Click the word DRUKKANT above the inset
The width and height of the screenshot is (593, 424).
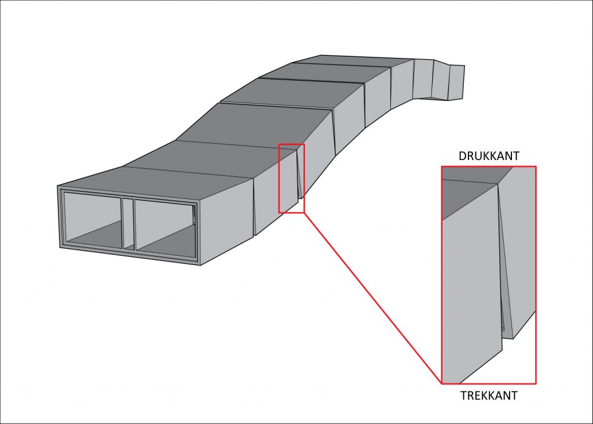489,155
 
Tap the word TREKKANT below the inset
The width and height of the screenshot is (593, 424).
489,396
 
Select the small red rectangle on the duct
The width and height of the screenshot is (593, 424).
292,179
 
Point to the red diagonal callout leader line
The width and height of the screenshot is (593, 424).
373,298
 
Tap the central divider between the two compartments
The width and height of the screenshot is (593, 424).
129,223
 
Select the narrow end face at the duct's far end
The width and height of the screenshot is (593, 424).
456,82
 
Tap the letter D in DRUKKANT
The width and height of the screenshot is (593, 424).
462,155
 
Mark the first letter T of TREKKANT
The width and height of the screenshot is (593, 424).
464,396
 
